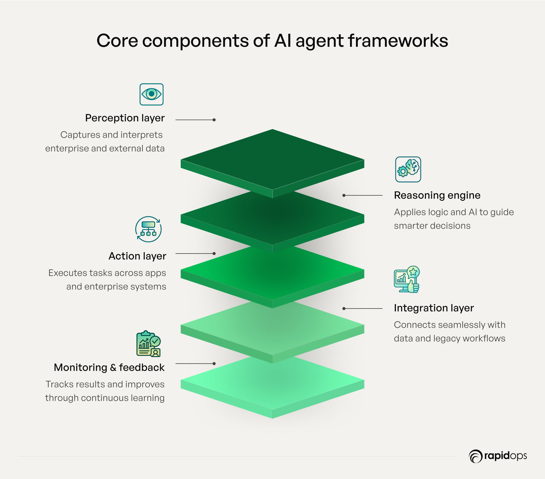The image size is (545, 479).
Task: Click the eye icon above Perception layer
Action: pos(151,94)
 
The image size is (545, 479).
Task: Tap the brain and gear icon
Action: pos(408,169)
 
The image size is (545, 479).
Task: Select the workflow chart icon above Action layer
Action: pos(148,229)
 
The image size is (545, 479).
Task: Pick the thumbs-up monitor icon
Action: pos(407,280)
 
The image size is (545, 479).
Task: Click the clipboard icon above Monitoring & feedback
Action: pos(148,344)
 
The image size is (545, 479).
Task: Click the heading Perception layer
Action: pos(125,118)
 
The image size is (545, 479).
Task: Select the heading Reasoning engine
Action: pos(437,195)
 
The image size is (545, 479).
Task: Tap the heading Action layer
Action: pos(137,256)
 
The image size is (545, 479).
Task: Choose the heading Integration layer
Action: pos(433,308)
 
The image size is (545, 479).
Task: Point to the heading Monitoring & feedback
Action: pos(109,368)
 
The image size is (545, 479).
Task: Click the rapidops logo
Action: pos(498,456)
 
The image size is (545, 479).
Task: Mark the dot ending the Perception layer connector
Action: pos(214,120)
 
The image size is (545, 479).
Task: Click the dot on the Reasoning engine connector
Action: pos(344,195)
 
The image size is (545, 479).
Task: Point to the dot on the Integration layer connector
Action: pos(344,309)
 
